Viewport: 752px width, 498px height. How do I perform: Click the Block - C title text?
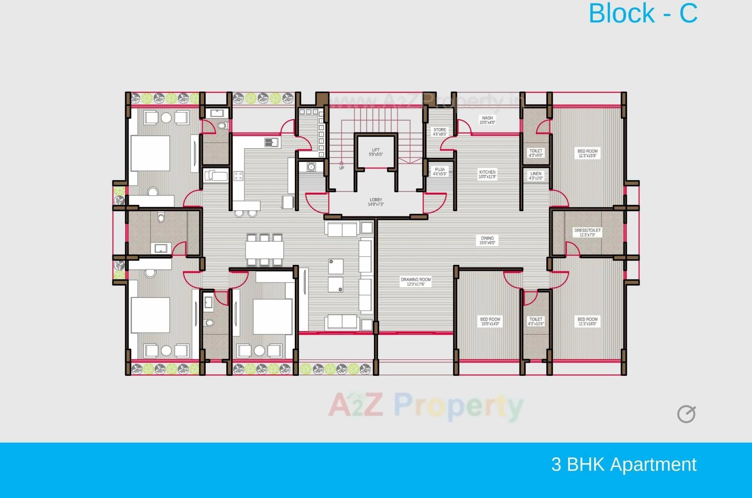pyautogui.click(x=643, y=14)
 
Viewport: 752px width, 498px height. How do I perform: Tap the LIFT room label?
pyautogui.click(x=376, y=152)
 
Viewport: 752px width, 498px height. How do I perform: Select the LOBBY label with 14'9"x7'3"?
pyautogui.click(x=376, y=202)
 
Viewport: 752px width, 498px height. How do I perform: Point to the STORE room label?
pyautogui.click(x=439, y=132)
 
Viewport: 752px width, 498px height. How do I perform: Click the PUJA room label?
pyautogui.click(x=439, y=172)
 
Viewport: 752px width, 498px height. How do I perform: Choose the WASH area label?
pyautogui.click(x=487, y=120)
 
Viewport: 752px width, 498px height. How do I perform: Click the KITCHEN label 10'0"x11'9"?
pyautogui.click(x=487, y=174)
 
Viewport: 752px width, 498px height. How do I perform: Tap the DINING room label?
pyautogui.click(x=487, y=240)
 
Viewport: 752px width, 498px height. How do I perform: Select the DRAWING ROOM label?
pyautogui.click(x=416, y=282)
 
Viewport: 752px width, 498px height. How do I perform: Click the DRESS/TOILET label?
pyautogui.click(x=587, y=232)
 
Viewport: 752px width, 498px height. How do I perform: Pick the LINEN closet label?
pyautogui.click(x=536, y=176)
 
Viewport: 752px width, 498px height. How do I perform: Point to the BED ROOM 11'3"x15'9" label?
pyautogui.click(x=587, y=153)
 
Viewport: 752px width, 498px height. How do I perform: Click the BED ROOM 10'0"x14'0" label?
pyautogui.click(x=490, y=321)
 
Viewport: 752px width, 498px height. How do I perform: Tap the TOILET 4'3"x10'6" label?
pyautogui.click(x=536, y=321)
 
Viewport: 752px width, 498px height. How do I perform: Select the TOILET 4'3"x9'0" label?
pyautogui.click(x=536, y=153)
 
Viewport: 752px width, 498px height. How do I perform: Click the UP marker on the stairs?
pyautogui.click(x=342, y=168)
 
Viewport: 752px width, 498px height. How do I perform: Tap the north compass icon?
pyautogui.click(x=686, y=414)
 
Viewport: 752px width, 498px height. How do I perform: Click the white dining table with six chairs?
pyautogui.click(x=264, y=250)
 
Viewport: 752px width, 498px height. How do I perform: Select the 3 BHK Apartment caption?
pyautogui.click(x=624, y=464)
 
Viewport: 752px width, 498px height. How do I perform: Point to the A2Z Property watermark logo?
pyautogui.click(x=425, y=406)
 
